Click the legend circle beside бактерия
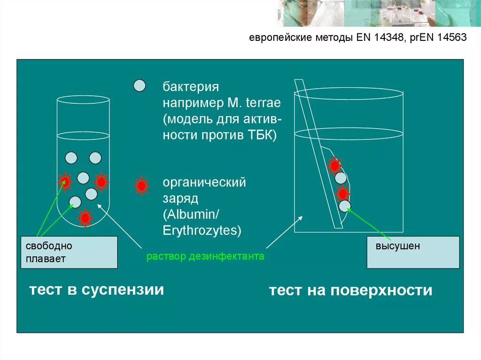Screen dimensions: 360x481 coord(140,85)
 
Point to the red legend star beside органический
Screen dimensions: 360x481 coord(141,186)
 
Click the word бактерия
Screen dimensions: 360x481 coord(191,88)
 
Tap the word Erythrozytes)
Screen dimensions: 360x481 coord(202,230)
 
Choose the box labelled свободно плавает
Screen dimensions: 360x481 coord(69,252)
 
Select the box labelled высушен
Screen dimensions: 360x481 coord(413,252)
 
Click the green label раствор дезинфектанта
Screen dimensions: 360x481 coord(205,257)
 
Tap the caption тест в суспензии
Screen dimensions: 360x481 coord(96,289)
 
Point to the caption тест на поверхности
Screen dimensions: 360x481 coord(350,291)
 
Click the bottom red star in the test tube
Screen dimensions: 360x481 coord(85,218)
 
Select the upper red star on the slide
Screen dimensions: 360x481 coord(334,165)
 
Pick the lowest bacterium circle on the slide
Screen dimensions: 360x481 coord(345,206)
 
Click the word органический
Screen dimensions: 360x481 coord(204,182)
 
